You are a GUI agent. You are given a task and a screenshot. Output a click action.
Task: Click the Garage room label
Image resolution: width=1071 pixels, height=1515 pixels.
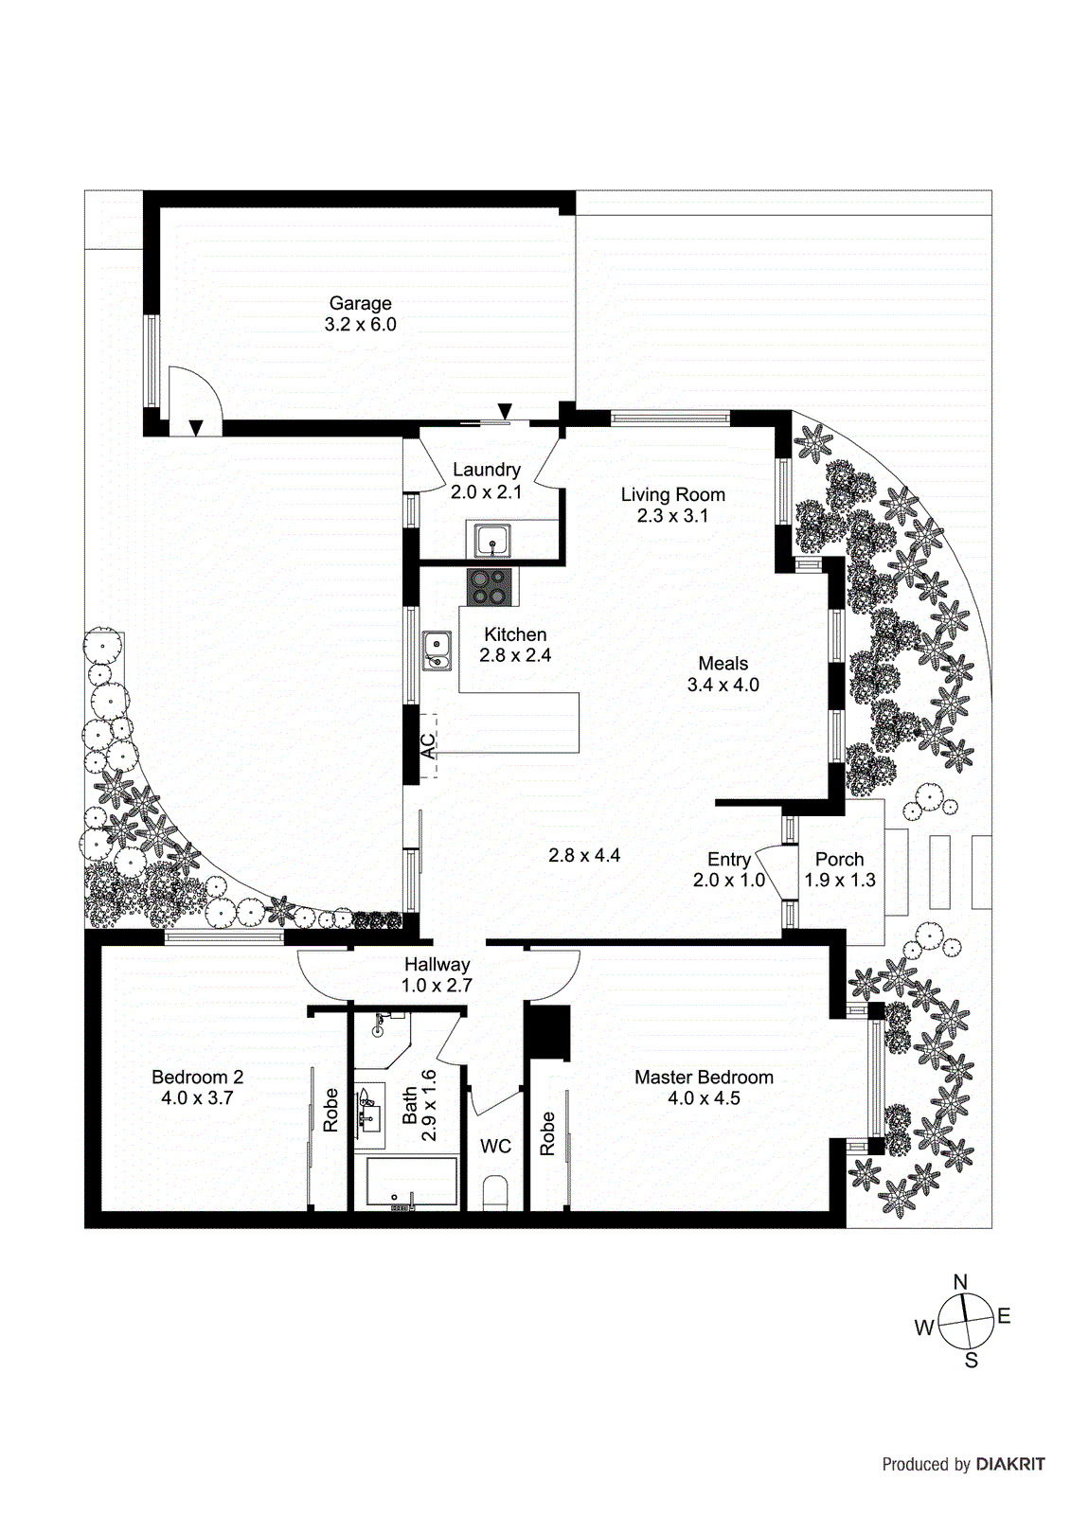click(x=360, y=304)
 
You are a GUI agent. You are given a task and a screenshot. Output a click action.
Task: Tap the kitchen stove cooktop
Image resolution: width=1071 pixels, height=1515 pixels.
click(x=491, y=587)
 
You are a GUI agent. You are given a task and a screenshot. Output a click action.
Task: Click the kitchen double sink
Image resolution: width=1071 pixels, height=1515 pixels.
click(x=437, y=651)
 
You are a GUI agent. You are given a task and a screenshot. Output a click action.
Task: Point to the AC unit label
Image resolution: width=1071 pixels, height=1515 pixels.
click(x=428, y=745)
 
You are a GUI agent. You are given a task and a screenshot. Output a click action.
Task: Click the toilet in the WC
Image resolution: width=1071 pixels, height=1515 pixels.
click(x=494, y=1193)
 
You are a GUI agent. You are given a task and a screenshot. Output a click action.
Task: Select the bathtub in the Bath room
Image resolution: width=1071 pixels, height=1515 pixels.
click(x=411, y=1182)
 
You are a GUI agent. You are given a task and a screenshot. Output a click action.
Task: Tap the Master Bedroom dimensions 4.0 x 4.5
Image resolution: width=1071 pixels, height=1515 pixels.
click(x=704, y=1098)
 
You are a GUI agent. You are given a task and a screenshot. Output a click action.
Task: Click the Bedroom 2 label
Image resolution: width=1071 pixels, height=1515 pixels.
click(x=197, y=1077)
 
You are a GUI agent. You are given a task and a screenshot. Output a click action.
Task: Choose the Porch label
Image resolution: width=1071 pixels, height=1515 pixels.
click(x=839, y=859)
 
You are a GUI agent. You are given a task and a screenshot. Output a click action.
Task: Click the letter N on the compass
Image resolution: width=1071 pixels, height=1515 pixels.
click(x=960, y=1282)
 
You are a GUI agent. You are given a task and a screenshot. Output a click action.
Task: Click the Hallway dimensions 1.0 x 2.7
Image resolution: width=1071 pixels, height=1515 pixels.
click(x=437, y=986)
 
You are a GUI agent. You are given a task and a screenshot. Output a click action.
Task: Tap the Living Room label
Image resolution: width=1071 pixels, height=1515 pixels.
click(x=672, y=494)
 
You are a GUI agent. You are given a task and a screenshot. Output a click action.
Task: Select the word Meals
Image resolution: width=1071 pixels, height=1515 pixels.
click(x=723, y=664)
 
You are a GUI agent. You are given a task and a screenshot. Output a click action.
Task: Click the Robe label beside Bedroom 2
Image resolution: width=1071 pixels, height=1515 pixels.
click(x=330, y=1110)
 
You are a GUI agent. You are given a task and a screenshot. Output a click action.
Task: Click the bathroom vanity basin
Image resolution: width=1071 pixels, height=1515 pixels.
click(x=368, y=1115)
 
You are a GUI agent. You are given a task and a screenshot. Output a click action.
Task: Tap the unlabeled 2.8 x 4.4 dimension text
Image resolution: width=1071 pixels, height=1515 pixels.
click(x=584, y=855)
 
